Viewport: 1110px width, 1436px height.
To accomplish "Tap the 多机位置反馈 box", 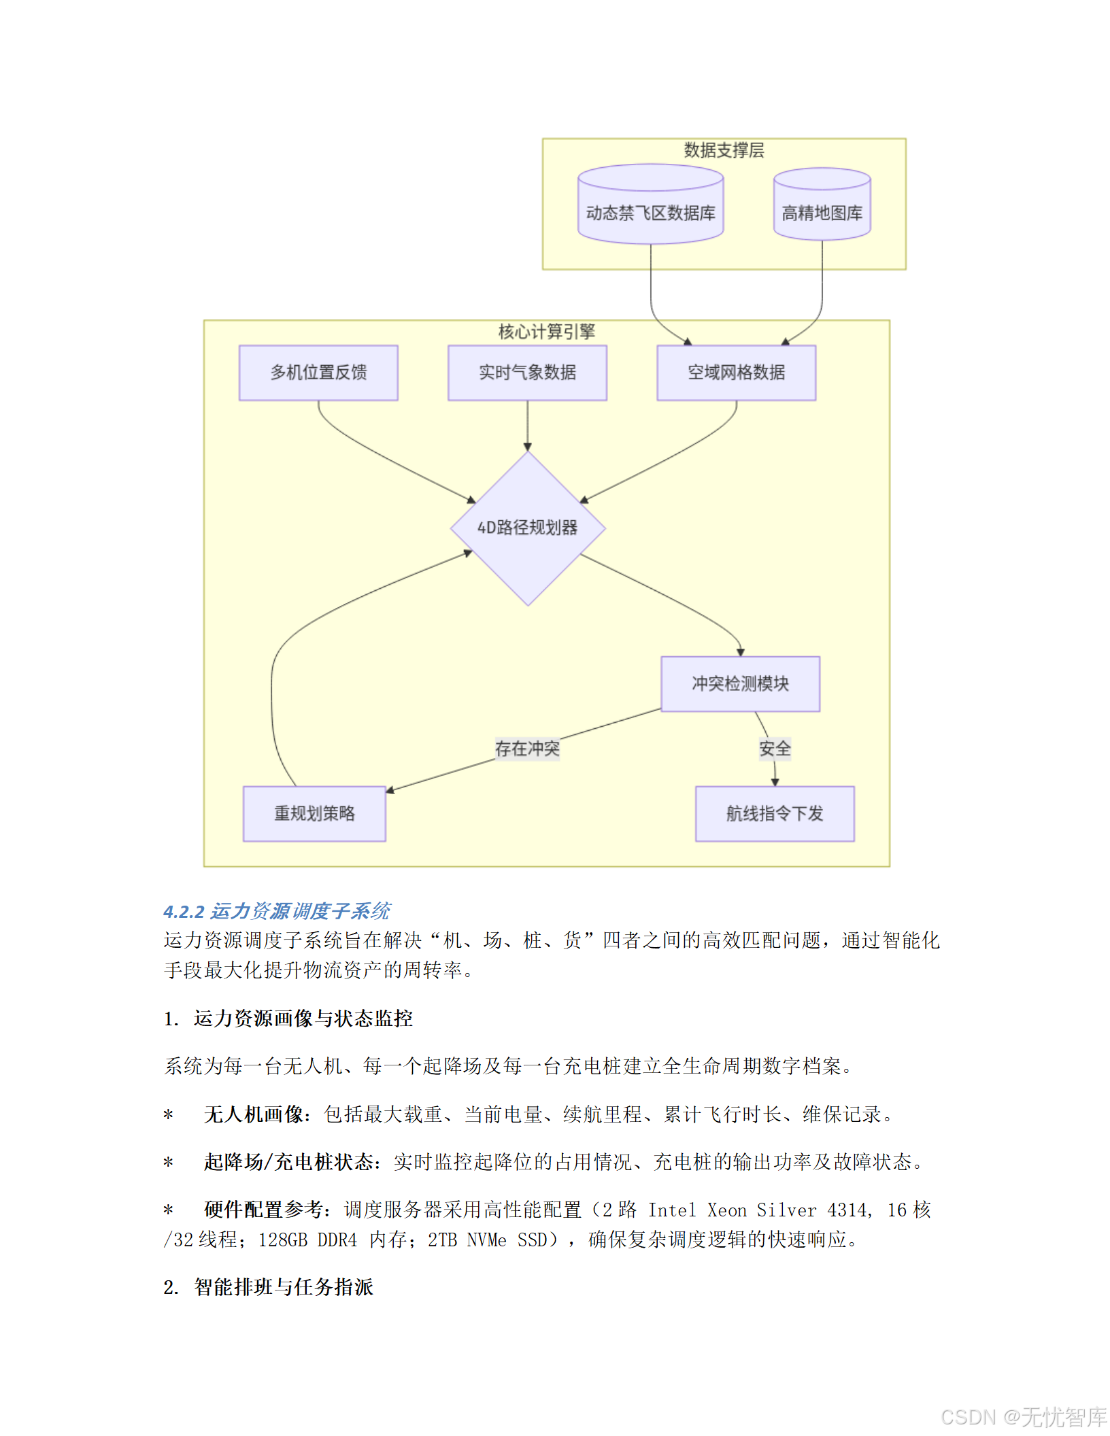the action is pos(318,373).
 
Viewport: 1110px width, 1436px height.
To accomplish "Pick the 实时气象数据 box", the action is pos(527,373).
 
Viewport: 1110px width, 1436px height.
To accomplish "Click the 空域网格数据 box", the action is pos(736,373).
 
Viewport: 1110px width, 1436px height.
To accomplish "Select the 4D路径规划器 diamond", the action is pos(528,528).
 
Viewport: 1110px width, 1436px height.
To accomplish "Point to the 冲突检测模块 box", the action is pos(740,684).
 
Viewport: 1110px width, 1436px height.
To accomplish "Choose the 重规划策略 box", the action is pos(314,814).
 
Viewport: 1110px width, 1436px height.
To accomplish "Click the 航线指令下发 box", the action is pos(775,814).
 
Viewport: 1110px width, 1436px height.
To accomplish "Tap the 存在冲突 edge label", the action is pos(527,749).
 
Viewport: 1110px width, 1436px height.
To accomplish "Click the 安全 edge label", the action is pos(775,749).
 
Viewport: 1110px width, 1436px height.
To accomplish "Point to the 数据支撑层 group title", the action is pos(724,150).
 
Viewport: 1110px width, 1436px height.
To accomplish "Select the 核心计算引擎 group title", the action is pos(546,332).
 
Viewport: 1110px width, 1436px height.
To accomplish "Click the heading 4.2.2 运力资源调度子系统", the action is pos(277,911).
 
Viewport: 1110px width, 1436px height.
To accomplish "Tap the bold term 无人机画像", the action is pos(253,1114).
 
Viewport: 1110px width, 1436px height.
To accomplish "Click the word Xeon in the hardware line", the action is pos(726,1210).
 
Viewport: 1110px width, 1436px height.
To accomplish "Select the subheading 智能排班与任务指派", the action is pos(284,1287).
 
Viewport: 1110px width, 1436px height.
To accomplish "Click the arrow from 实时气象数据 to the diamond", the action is pos(527,426).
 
